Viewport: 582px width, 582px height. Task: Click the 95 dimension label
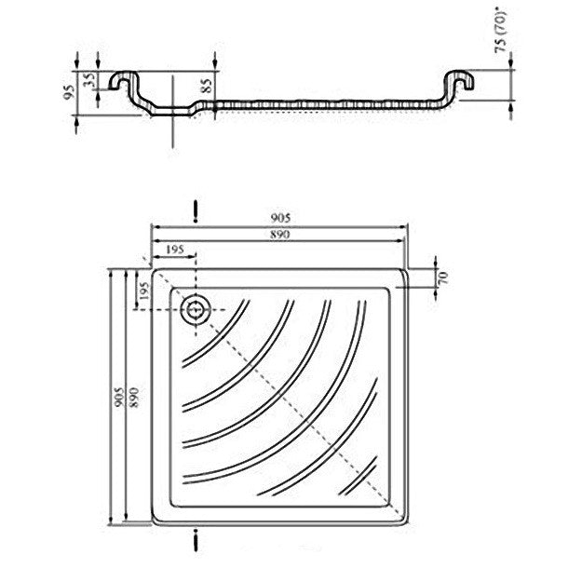click(x=68, y=91)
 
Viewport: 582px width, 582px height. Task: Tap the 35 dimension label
click(x=89, y=80)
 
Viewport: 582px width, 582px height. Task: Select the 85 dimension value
click(x=207, y=86)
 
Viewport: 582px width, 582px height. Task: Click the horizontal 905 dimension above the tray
click(x=280, y=219)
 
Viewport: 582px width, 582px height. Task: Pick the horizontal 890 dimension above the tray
click(x=280, y=235)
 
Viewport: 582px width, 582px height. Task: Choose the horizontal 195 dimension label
click(x=174, y=250)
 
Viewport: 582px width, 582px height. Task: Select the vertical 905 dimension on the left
click(x=119, y=397)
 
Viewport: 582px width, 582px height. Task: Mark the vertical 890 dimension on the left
click(x=134, y=398)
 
